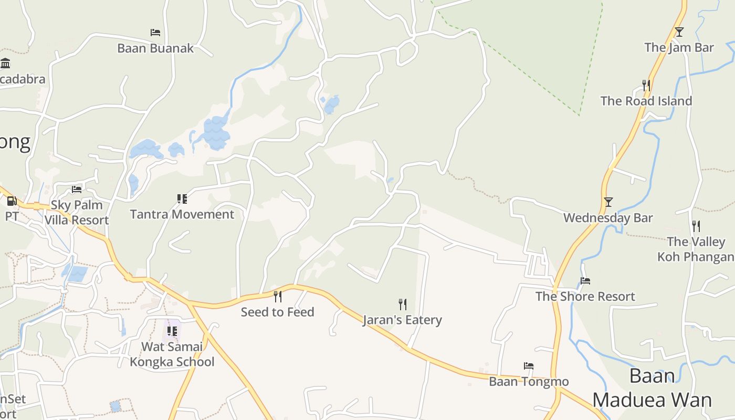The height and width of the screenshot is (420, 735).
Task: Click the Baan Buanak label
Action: (155, 48)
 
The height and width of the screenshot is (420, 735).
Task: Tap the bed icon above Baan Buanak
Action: (155, 33)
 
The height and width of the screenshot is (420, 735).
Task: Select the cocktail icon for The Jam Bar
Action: (679, 32)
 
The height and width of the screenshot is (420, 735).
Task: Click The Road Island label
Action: (646, 101)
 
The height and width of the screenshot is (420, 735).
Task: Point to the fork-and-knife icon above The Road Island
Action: (646, 85)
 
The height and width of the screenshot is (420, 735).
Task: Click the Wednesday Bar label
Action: (608, 218)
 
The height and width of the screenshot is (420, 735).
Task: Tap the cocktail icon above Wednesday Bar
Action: (608, 202)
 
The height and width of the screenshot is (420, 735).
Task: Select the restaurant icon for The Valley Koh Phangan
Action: (696, 226)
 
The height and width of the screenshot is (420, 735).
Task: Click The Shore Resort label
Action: (585, 297)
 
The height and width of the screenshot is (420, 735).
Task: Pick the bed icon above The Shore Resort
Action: (585, 281)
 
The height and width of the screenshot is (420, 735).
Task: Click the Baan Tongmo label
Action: (529, 381)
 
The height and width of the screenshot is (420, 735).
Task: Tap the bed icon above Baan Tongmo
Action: (529, 366)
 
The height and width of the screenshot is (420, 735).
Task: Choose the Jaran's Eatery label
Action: (402, 320)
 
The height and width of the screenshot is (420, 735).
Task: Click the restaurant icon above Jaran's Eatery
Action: (402, 304)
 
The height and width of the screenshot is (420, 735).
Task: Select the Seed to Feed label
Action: (277, 312)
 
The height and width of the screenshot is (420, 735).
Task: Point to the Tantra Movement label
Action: (182, 214)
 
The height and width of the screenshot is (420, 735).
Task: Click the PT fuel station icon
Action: (11, 201)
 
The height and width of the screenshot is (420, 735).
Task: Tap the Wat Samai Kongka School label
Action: (172, 354)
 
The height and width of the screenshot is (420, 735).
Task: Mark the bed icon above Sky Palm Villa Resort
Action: (77, 190)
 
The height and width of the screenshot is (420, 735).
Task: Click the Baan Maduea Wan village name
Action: (652, 388)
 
